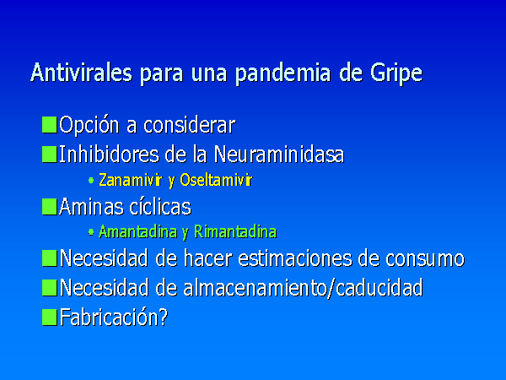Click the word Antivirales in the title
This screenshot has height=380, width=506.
(81, 72)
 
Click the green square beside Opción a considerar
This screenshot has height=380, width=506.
(50, 125)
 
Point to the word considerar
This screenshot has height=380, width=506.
(190, 125)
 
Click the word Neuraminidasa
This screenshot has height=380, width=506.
(279, 155)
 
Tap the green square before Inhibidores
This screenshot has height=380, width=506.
(50, 155)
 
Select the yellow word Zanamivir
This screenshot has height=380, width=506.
(131, 180)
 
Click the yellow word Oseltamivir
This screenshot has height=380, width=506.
(216, 180)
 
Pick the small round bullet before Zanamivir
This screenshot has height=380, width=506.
(91, 181)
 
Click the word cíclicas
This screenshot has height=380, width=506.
(160, 206)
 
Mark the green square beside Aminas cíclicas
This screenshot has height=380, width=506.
(50, 207)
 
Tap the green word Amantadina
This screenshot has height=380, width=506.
(138, 231)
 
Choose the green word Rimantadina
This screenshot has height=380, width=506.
(235, 231)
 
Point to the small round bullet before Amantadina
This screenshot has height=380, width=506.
(91, 231)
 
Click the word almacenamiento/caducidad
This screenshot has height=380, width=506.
(303, 287)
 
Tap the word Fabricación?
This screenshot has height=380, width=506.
(114, 317)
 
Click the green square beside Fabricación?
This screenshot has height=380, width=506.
(50, 317)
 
